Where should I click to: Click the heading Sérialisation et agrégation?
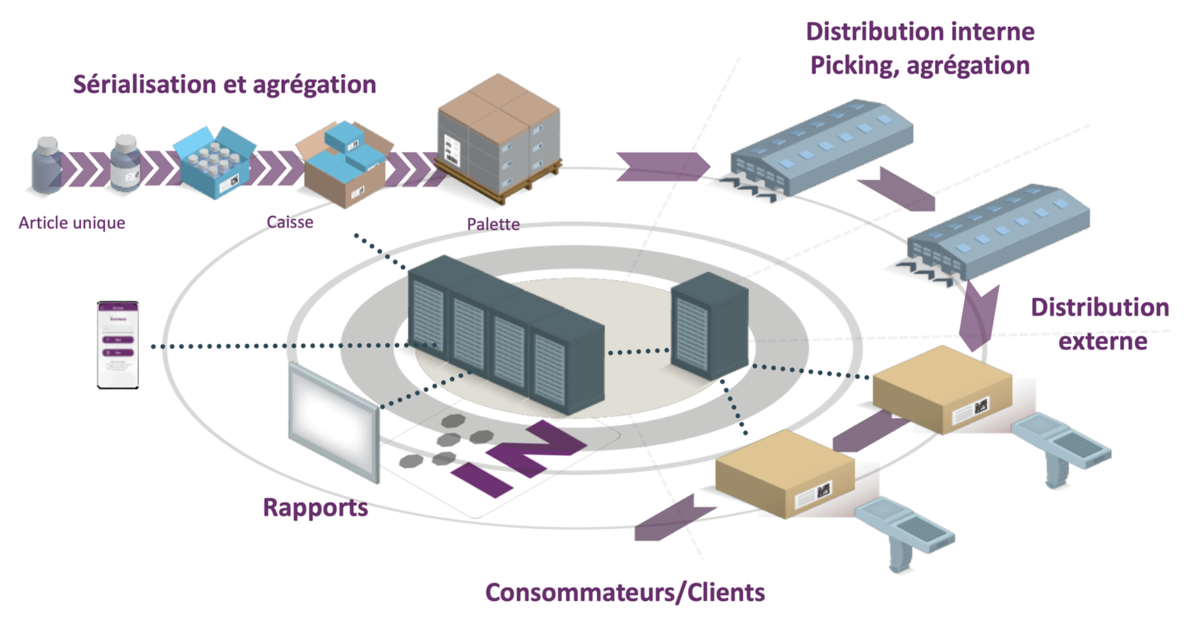pyautogui.click(x=224, y=85)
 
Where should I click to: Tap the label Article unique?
pyautogui.click(x=72, y=223)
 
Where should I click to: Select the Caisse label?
pyautogui.click(x=289, y=223)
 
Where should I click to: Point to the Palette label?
pyautogui.click(x=493, y=224)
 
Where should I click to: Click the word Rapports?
pyautogui.click(x=315, y=508)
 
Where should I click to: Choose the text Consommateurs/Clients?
pyautogui.click(x=625, y=593)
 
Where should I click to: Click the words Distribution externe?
pyautogui.click(x=1100, y=324)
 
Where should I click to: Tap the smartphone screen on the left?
pyautogui.click(x=118, y=345)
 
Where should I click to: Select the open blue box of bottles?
pyautogui.click(x=214, y=161)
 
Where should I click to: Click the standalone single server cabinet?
pyautogui.click(x=710, y=325)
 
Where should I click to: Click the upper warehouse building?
pyautogui.click(x=821, y=147)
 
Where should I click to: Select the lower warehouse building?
pyautogui.click(x=999, y=232)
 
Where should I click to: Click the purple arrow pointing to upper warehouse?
pyautogui.click(x=662, y=167)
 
